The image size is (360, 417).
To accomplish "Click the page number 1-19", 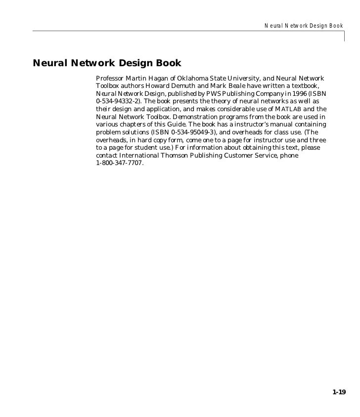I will point(339,392).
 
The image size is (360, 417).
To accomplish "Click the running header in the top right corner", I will point(304,25).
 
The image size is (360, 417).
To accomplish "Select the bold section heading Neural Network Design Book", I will point(107,64).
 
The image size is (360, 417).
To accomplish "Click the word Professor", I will point(110,79).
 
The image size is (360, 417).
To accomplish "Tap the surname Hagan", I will point(159,79).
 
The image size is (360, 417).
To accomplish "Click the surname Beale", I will point(239,86).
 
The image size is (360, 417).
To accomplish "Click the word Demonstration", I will point(197,117).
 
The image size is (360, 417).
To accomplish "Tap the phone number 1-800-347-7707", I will point(119,163).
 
